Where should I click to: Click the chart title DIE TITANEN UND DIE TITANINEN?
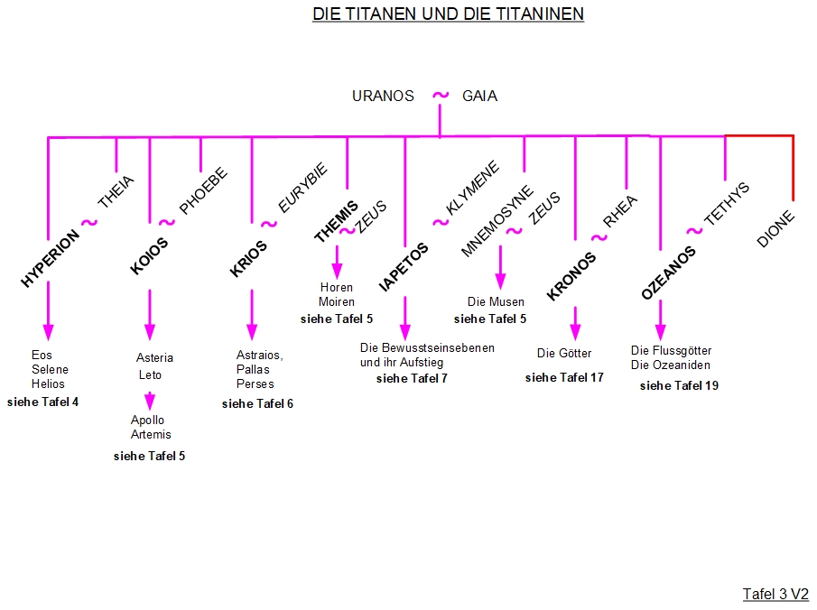click(x=448, y=14)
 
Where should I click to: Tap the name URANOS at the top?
click(x=383, y=96)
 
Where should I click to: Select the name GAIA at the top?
click(x=479, y=96)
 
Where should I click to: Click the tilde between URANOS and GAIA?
click(x=440, y=95)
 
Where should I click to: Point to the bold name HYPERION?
click(x=50, y=257)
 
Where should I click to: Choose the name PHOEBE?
click(x=203, y=191)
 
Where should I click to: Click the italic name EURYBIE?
click(x=302, y=189)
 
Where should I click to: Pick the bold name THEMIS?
click(x=336, y=222)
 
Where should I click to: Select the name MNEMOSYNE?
click(x=497, y=222)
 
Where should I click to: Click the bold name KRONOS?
click(x=572, y=275)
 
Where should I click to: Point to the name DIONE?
click(x=775, y=229)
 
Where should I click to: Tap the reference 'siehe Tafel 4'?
click(x=42, y=402)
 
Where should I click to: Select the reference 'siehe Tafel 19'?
click(x=679, y=385)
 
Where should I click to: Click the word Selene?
click(x=50, y=369)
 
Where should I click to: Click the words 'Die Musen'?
click(x=496, y=301)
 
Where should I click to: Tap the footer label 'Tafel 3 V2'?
click(x=775, y=594)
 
